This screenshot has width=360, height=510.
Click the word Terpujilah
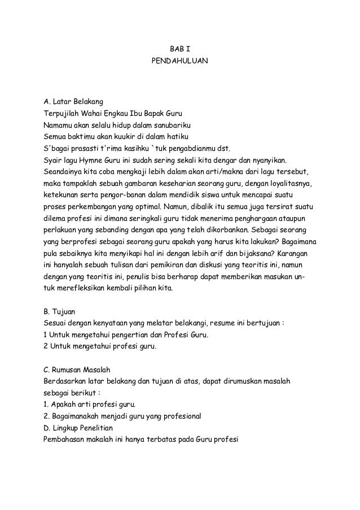[62, 114]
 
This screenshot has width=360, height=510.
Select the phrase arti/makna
[203, 171]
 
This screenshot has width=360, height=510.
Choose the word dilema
[56, 217]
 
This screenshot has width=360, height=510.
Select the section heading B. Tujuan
[63, 312]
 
